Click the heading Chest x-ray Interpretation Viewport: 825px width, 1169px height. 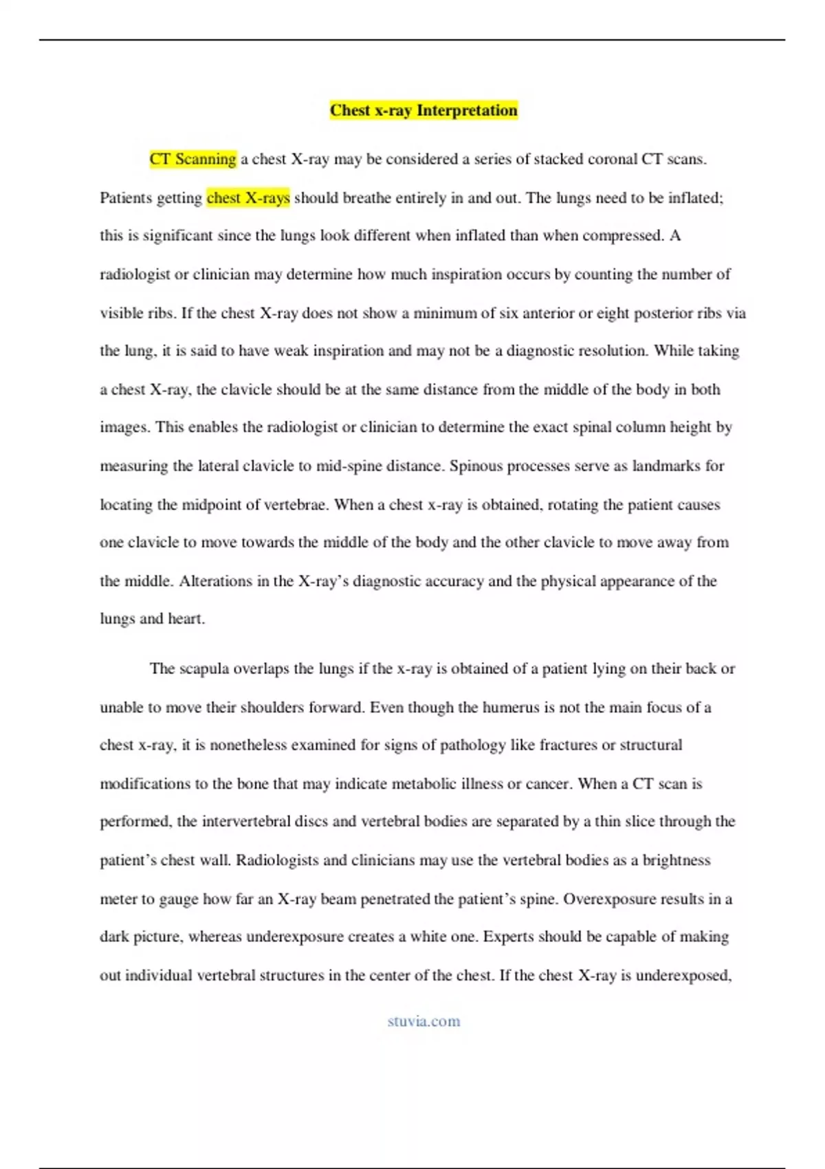pyautogui.click(x=423, y=110)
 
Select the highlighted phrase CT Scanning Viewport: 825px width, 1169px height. pyautogui.click(x=192, y=159)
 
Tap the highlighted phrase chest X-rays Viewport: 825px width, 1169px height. pyautogui.click(x=248, y=198)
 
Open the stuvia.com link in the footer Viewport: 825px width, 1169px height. pyautogui.click(x=423, y=1021)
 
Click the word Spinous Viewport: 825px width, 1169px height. pyautogui.click(x=476, y=466)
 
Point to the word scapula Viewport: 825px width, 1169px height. pyautogui.click(x=203, y=669)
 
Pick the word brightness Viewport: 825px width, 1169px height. pyautogui.click(x=676, y=860)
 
